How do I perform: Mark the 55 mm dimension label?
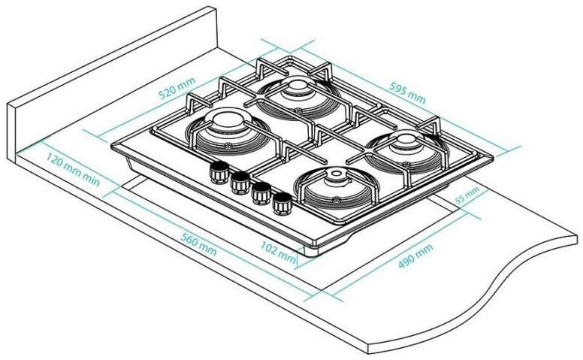point(467,198)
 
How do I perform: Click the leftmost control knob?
point(220,171)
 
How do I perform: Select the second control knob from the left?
point(240,181)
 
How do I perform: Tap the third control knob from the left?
point(261,192)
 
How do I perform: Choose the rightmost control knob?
point(282,202)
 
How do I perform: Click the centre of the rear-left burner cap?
point(224,125)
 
